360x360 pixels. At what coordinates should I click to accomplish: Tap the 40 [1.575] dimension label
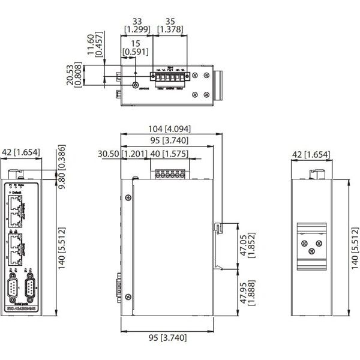point(168,154)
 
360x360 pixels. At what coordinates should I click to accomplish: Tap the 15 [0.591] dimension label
point(134,47)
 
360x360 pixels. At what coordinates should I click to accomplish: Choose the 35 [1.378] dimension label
point(170,25)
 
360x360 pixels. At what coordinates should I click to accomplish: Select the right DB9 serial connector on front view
point(33,290)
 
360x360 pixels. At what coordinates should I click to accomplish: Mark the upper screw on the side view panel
point(128,199)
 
